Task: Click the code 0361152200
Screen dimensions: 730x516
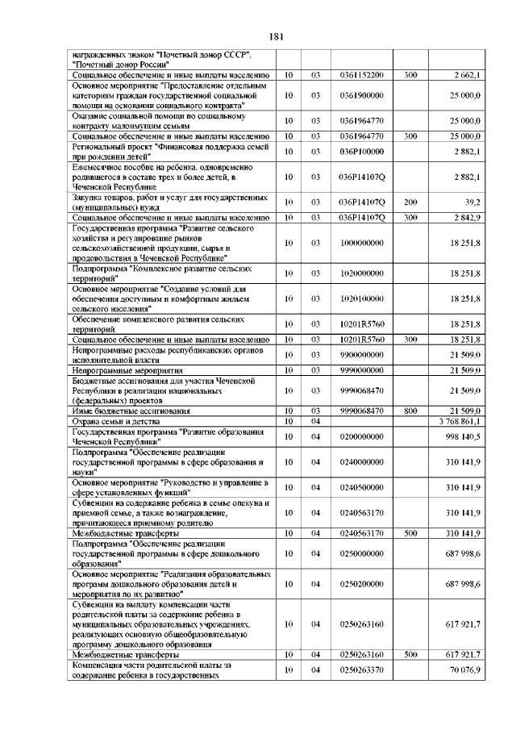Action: click(x=361, y=75)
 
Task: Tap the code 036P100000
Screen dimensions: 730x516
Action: click(x=361, y=151)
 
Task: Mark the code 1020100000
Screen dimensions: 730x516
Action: click(x=361, y=298)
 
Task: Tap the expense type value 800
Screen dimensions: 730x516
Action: click(x=410, y=411)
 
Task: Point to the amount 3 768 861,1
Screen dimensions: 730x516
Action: click(x=460, y=421)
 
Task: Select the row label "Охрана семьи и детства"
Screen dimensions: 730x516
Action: click(x=116, y=421)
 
